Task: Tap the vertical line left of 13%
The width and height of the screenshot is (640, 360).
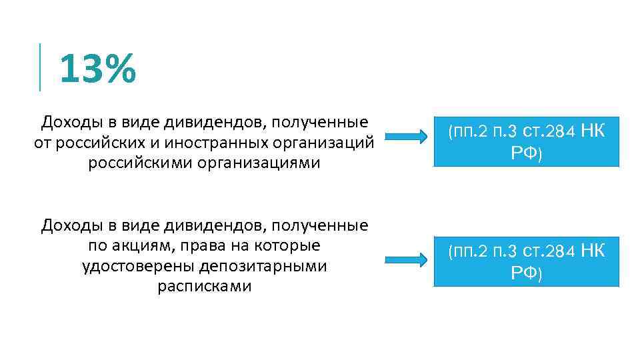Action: click(x=41, y=67)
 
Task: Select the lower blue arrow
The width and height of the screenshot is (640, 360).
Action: click(x=407, y=259)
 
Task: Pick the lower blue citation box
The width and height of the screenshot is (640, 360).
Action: click(x=526, y=262)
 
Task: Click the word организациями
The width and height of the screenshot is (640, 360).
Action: click(x=255, y=163)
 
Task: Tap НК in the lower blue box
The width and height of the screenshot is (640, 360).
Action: click(x=592, y=251)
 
